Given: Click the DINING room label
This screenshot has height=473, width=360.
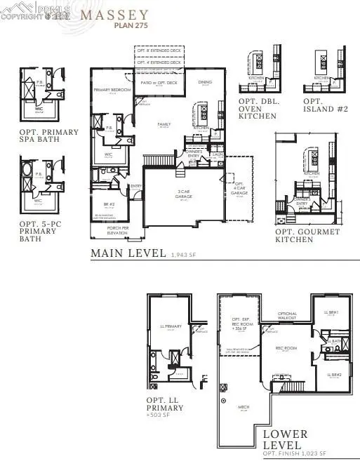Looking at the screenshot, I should click(x=205, y=83).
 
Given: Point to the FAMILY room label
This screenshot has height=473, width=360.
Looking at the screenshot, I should click(x=164, y=124).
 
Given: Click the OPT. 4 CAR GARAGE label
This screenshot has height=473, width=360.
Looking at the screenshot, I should click(x=240, y=189).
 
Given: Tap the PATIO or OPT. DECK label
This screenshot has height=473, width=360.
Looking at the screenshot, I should click(x=157, y=84).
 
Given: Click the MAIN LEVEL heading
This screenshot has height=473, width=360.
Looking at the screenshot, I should click(x=128, y=253).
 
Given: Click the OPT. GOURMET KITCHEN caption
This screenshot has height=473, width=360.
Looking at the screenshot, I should click(x=307, y=236).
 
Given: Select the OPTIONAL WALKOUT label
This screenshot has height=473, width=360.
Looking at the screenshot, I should click(x=288, y=316).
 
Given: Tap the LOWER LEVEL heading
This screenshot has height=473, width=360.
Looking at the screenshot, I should click(x=283, y=439).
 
